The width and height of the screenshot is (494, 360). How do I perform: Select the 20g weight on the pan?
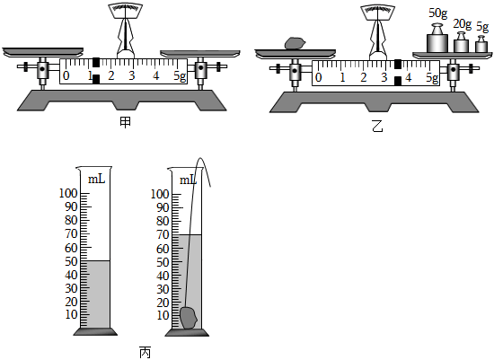[461, 42]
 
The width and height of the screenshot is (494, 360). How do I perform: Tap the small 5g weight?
[481, 44]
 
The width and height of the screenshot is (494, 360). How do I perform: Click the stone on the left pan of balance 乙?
[295, 43]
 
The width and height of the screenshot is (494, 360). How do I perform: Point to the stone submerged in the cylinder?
[189, 318]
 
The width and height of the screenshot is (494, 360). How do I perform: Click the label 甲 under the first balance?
[125, 122]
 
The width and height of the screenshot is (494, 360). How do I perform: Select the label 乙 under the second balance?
[377, 127]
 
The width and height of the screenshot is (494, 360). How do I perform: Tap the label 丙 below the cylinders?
[145, 353]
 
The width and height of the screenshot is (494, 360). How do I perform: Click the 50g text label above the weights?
[437, 13]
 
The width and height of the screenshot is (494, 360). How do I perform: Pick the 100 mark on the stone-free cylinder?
[68, 193]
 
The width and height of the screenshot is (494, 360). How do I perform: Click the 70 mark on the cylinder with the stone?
[163, 234]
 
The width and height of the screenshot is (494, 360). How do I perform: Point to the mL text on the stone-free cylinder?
[96, 180]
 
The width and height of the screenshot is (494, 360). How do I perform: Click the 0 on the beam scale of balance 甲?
[66, 76]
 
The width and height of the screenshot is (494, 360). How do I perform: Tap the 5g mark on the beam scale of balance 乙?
[432, 77]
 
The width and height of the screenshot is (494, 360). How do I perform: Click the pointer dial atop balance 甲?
[126, 13]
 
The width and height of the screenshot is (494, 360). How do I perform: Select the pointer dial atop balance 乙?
[378, 13]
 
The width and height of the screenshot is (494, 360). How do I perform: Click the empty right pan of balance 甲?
[200, 53]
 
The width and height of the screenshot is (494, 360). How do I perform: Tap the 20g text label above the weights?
[463, 24]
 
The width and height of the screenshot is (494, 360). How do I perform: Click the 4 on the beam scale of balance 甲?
[156, 76]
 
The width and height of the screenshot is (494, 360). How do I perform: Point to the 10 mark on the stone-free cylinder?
[72, 314]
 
